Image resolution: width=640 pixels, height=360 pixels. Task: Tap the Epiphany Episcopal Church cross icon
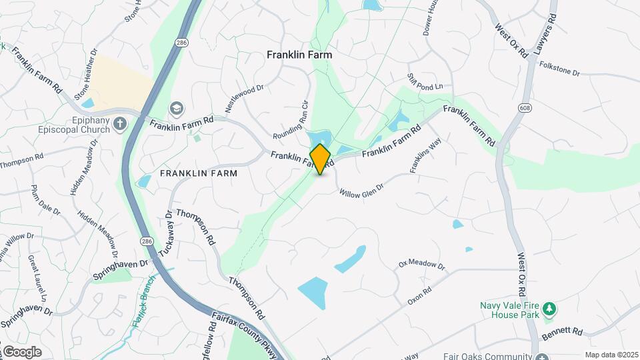120,123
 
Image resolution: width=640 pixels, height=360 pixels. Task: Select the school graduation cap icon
176,108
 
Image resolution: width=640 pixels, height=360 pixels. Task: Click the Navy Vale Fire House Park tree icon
549,309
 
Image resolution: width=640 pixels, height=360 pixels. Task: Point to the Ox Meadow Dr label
421,264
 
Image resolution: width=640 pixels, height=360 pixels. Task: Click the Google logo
22,351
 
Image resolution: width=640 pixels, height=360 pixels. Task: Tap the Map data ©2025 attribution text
610,355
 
